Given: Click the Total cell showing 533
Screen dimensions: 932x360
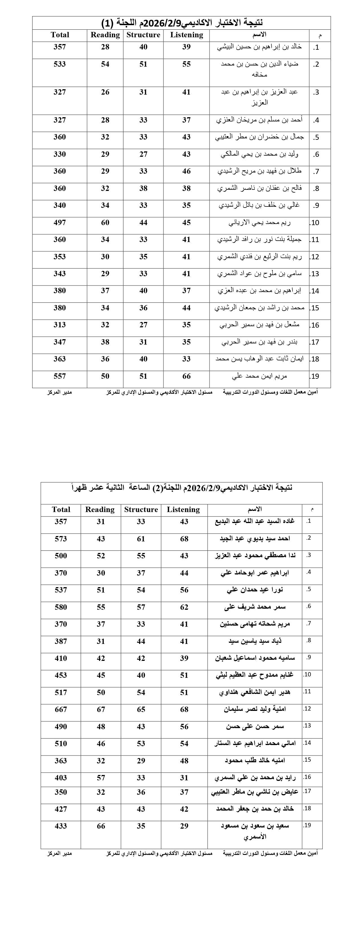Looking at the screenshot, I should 60,64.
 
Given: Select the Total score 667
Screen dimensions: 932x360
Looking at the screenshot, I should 61,709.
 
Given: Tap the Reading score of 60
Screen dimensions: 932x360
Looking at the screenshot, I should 105,223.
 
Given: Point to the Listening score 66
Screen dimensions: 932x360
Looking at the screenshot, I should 186,376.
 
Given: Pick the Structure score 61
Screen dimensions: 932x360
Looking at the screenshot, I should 141,539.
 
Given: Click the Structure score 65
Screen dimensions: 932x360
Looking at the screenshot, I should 141,709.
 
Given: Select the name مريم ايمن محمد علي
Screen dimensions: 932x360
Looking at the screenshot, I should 259,376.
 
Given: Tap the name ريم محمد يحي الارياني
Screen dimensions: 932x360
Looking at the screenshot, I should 259,223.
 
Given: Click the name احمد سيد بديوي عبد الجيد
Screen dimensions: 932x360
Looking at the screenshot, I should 255,539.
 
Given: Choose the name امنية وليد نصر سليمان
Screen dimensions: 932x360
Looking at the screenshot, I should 255,709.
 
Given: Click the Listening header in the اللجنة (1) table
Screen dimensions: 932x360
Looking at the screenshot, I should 186,35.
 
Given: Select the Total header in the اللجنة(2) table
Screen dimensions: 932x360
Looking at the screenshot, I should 61,509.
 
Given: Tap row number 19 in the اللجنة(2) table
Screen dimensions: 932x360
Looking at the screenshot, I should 307,825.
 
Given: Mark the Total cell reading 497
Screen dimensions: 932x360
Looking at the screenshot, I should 60,223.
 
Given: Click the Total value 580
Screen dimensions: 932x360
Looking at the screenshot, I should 61,607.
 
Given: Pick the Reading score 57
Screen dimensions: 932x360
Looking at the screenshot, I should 101,778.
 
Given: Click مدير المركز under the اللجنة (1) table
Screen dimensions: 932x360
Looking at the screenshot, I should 59,392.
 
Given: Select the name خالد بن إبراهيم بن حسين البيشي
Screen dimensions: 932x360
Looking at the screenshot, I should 259,47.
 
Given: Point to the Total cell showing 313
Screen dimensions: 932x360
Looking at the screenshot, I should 60,325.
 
